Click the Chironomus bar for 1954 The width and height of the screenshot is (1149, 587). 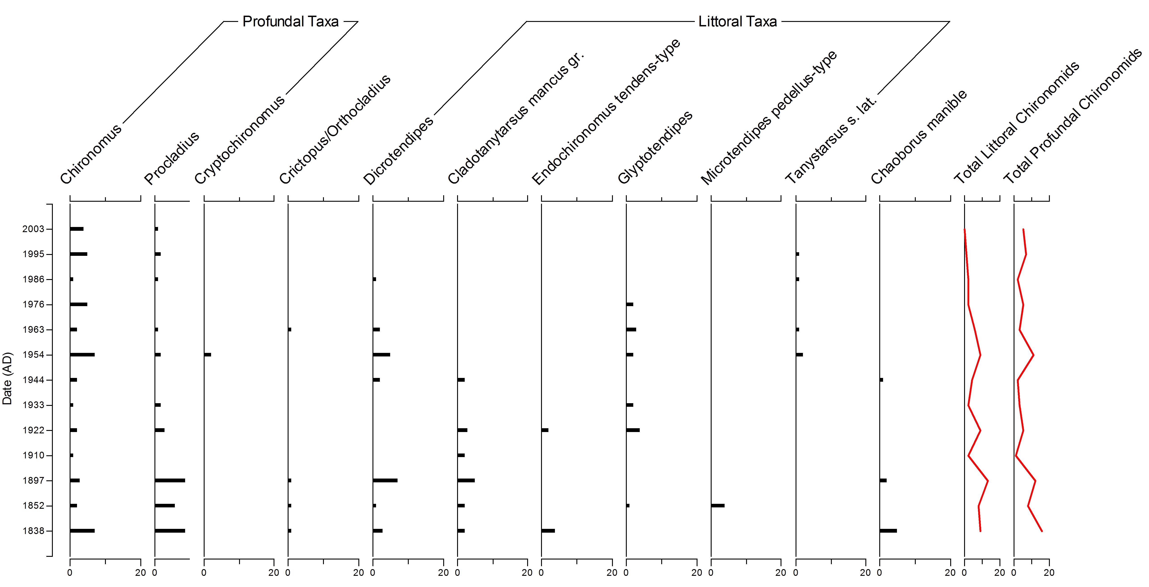[x=82, y=355]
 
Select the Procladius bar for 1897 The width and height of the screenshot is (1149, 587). [x=170, y=481]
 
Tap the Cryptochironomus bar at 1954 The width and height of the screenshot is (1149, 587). [x=208, y=355]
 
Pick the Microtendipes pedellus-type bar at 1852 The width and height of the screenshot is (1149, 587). [x=718, y=505]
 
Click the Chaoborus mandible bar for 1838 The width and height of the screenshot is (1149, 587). [x=888, y=531]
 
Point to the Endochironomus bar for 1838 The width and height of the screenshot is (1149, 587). [x=548, y=531]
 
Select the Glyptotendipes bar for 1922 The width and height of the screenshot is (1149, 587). [x=633, y=430]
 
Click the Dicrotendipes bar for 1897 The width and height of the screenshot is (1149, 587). [x=385, y=481]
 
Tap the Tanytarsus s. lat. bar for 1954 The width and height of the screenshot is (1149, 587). [x=799, y=355]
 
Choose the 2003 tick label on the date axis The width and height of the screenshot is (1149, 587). [x=33, y=229]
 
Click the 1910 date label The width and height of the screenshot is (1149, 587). [x=33, y=456]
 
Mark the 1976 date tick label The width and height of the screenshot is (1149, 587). [x=33, y=304]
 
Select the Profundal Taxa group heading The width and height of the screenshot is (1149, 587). [x=290, y=21]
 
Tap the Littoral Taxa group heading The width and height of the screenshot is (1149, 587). [x=737, y=21]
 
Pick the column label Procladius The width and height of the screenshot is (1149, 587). [x=172, y=158]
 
